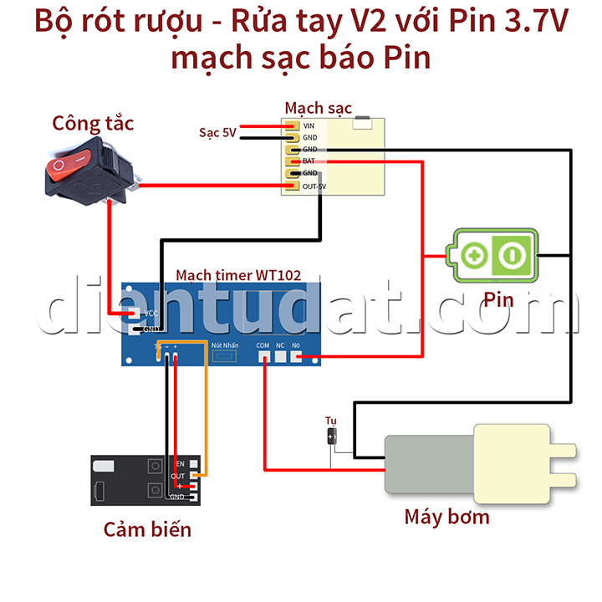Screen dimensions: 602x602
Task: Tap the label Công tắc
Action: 93,124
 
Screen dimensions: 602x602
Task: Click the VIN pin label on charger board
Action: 309,125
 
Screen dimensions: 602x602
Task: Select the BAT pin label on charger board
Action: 309,161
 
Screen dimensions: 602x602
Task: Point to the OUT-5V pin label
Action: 314,186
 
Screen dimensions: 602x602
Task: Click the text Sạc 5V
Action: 217,132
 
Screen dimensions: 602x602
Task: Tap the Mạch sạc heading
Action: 318,108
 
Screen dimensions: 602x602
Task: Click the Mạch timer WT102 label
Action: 238,274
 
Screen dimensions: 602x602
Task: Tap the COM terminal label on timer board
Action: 263,344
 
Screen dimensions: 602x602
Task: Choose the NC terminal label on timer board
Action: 280,344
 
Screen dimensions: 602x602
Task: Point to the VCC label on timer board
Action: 151,314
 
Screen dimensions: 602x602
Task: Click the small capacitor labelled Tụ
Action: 332,436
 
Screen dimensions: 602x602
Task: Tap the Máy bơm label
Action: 446,516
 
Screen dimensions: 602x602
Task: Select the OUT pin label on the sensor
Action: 177,476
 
